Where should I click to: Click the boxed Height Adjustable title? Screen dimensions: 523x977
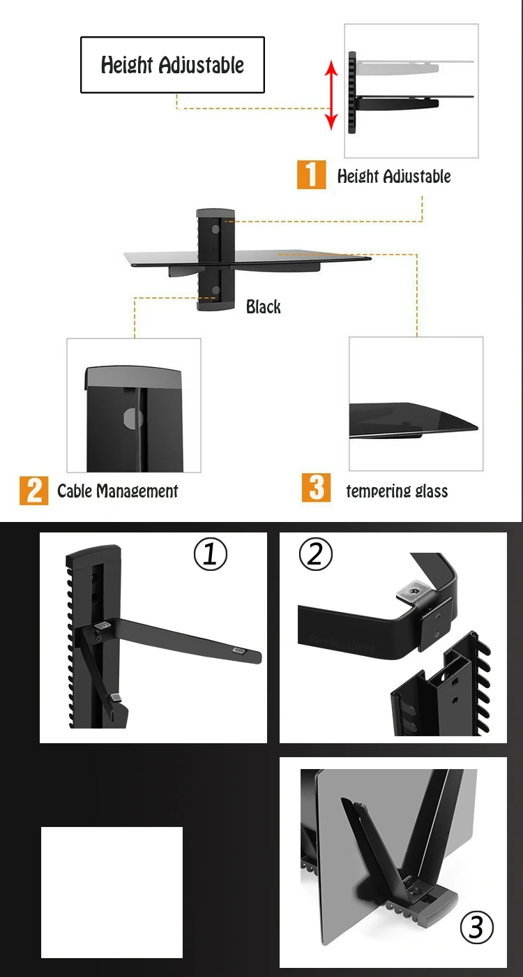[x=173, y=64]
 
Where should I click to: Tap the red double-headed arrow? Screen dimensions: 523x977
[x=331, y=95]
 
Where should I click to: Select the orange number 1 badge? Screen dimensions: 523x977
[x=311, y=174]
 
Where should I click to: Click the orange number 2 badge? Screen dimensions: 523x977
[x=33, y=491]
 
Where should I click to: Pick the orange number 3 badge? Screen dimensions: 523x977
[x=316, y=488]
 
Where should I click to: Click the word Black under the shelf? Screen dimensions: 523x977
[x=264, y=306]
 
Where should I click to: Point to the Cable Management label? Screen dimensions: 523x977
[x=118, y=491]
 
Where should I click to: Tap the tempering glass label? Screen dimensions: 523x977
[x=397, y=491]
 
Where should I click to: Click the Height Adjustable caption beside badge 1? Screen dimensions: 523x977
[x=394, y=176]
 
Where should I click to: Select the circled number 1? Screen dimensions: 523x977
[x=211, y=554]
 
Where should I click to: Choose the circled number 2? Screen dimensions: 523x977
[x=316, y=554]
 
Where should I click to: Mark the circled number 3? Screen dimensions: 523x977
[x=477, y=927]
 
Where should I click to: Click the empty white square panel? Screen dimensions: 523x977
[x=112, y=893]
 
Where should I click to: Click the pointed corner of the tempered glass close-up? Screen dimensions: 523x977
[x=477, y=428]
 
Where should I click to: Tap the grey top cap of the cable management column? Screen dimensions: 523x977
[x=133, y=377]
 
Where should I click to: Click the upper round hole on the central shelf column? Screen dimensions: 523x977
[x=215, y=229]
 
